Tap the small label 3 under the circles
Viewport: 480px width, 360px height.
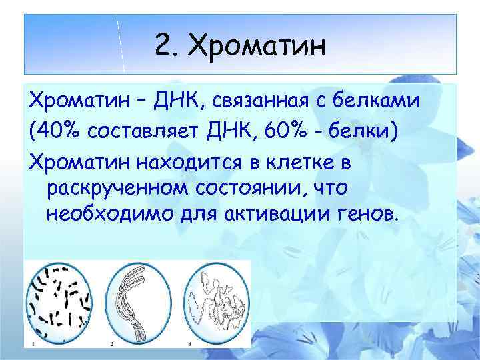pyautogui.click(x=189, y=343)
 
